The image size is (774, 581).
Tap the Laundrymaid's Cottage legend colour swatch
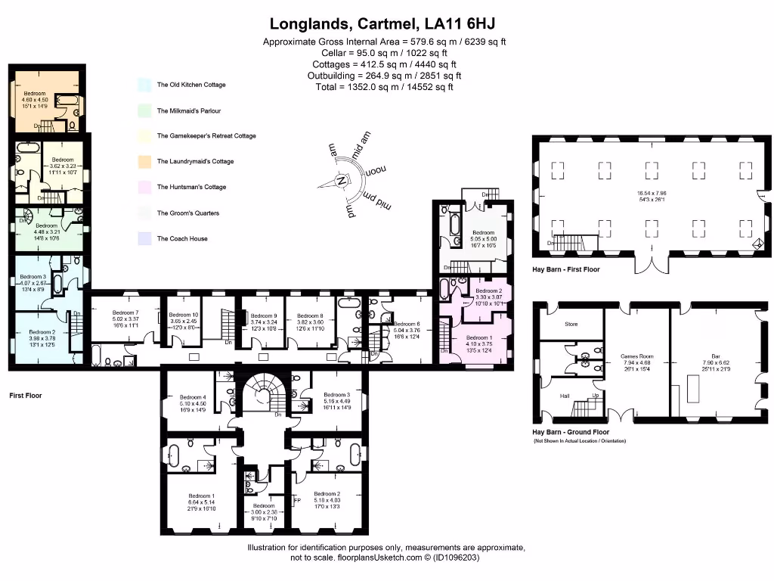[x=144, y=161]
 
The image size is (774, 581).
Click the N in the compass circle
[x=342, y=181]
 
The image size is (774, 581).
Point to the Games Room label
[x=636, y=356]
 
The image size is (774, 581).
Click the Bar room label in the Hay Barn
[x=716, y=356]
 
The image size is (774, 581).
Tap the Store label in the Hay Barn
[x=571, y=325]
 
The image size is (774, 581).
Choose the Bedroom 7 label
[x=126, y=312]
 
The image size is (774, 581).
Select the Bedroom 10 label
[x=184, y=315]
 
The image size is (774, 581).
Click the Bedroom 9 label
[x=264, y=315]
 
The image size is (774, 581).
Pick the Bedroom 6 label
[x=407, y=324]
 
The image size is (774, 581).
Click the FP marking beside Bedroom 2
[x=297, y=500]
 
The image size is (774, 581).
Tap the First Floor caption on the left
[x=26, y=396]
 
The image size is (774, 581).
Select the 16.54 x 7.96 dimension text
[x=654, y=194]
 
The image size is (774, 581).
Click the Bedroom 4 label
[x=193, y=397]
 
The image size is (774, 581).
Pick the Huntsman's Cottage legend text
[x=191, y=187]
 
